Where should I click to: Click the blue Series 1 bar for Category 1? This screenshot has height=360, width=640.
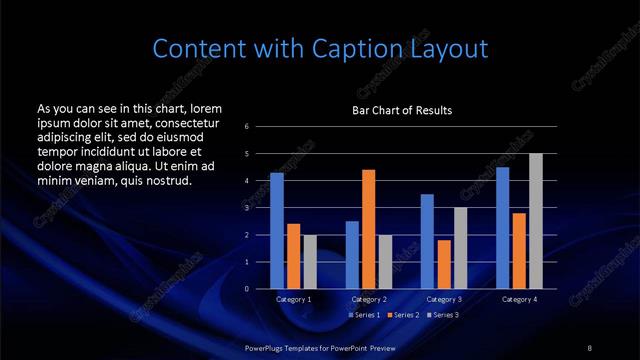coord(277,231)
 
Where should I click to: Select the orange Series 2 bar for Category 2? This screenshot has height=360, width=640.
coord(368,229)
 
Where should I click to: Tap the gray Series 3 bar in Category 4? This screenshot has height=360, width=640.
coord(535,221)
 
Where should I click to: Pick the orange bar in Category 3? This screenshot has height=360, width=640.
coord(444,264)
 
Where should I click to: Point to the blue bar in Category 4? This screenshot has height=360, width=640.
coord(502,228)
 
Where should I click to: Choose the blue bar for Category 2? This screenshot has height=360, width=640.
coord(352,255)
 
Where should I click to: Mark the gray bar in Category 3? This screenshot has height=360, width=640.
coord(460,248)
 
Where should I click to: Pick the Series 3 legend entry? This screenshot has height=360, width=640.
coord(442,315)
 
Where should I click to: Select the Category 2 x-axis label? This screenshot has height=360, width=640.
coord(368,299)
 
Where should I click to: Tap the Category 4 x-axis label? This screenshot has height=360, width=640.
coord(519,299)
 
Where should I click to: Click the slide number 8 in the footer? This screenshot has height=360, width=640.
coord(590,347)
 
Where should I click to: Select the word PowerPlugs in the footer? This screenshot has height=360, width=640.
coord(267,347)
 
